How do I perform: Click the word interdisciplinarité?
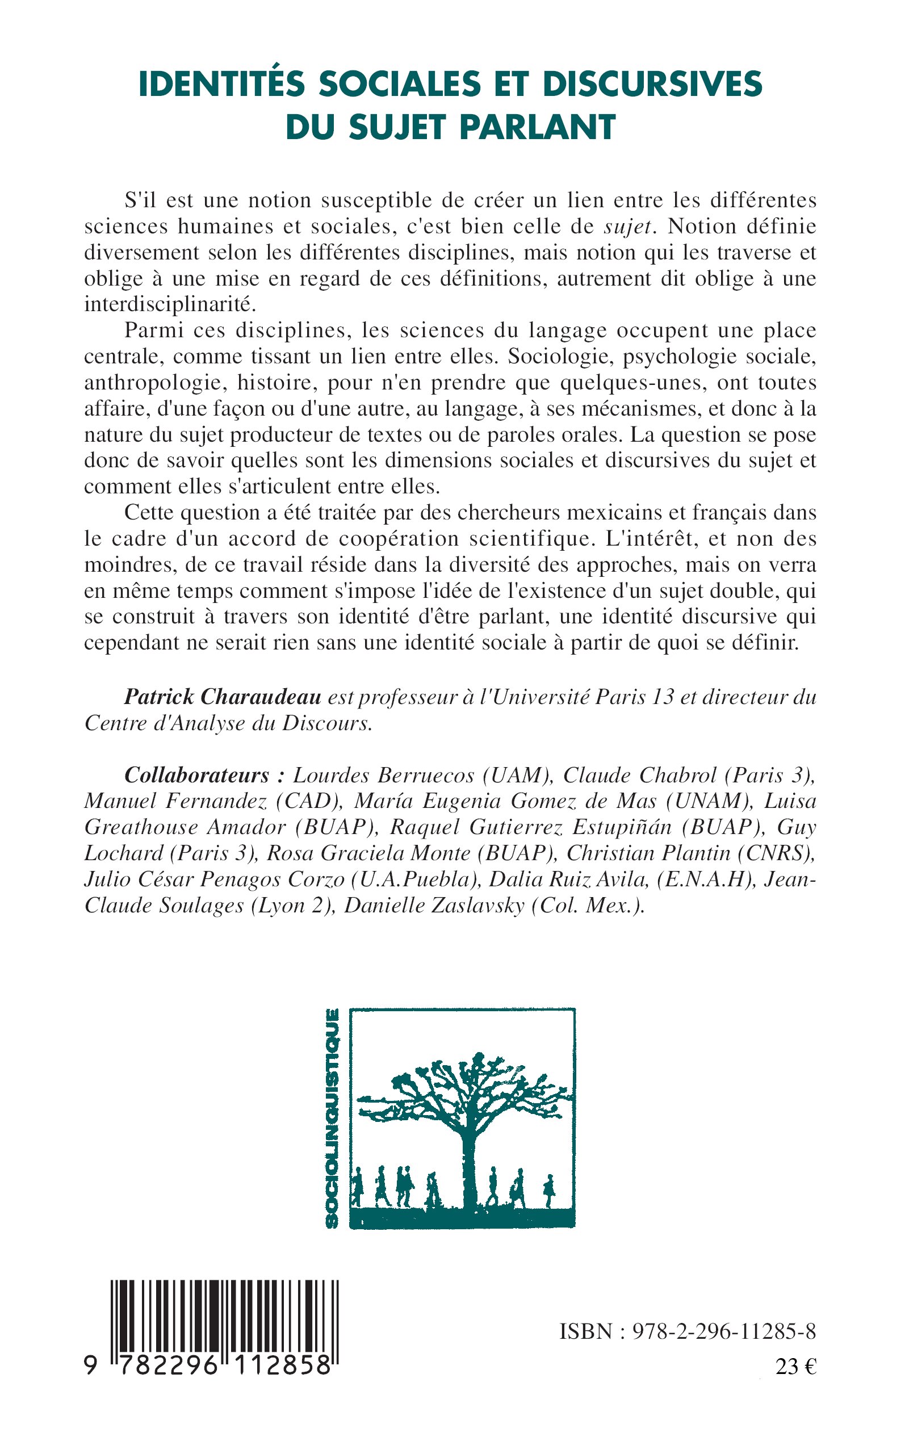pyautogui.click(x=170, y=304)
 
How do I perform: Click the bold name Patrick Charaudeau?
pyautogui.click(x=223, y=697)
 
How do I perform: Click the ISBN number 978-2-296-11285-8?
pyautogui.click(x=724, y=1331)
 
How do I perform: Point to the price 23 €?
pyautogui.click(x=795, y=1367)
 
